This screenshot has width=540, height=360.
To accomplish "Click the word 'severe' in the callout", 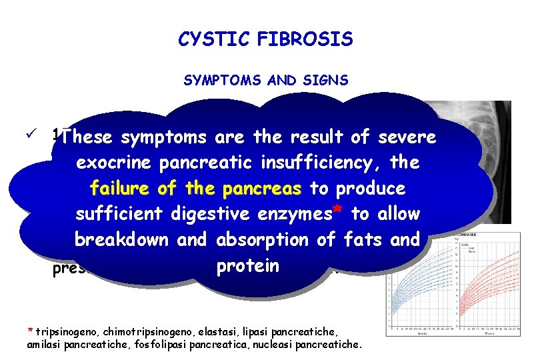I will click(x=407, y=137).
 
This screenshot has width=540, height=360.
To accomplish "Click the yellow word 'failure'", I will click(x=121, y=188).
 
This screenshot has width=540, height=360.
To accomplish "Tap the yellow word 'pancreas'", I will click(x=263, y=188).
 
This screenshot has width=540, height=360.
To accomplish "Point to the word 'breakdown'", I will click(x=121, y=239).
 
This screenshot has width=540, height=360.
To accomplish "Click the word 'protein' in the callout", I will click(x=247, y=265).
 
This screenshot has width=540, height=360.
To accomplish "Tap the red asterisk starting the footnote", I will click(x=29, y=331).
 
